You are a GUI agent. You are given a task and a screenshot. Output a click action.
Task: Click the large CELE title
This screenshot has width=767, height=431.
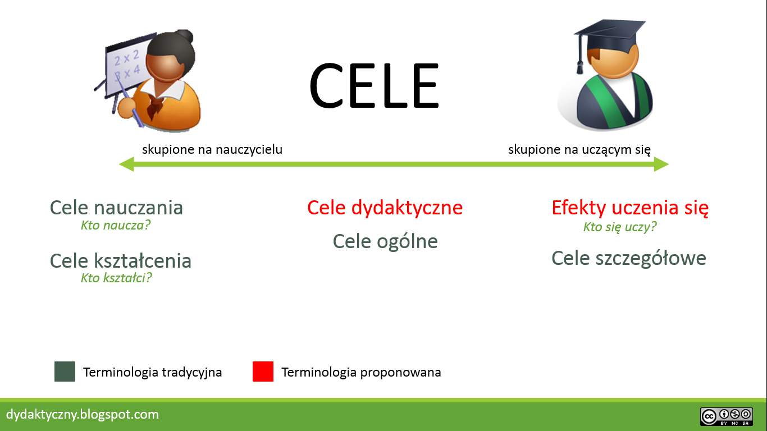pos(373,86)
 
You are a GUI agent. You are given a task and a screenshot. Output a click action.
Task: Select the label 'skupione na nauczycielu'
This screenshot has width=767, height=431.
pos(212,149)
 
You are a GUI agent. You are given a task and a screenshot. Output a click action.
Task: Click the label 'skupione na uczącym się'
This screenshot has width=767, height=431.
pos(579,149)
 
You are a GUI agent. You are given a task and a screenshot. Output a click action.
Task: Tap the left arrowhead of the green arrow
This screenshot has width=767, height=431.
pos(126,164)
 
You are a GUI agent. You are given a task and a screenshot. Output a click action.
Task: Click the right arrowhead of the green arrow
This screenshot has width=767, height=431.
pos(662,164)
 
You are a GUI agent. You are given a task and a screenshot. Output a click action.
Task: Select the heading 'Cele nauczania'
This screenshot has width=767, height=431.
pos(116,208)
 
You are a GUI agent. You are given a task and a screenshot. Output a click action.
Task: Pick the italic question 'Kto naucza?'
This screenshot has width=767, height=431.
pos(116,226)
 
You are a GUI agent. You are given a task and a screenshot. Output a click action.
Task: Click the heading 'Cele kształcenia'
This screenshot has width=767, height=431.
pos(121,260)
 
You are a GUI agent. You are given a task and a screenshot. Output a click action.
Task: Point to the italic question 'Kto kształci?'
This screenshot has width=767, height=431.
pos(116,278)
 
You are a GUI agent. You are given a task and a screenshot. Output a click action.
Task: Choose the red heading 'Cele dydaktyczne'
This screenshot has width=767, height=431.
pos(385,208)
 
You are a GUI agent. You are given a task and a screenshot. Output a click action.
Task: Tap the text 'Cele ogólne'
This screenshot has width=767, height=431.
pos(385,241)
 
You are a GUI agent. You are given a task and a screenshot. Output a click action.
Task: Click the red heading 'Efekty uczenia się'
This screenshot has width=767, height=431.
pos(630,208)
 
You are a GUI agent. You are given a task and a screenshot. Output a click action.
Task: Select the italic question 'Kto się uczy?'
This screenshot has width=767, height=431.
pos(620,227)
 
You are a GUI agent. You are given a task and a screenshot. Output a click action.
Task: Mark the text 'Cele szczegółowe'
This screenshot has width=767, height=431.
pos(629,258)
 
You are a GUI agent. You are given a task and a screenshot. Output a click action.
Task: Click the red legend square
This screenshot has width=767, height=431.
pos(263,372)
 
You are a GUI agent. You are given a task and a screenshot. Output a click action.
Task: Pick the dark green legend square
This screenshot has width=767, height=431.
pos(65,372)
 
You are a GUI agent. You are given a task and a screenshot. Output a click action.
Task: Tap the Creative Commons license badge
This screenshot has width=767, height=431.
pos(727,416)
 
